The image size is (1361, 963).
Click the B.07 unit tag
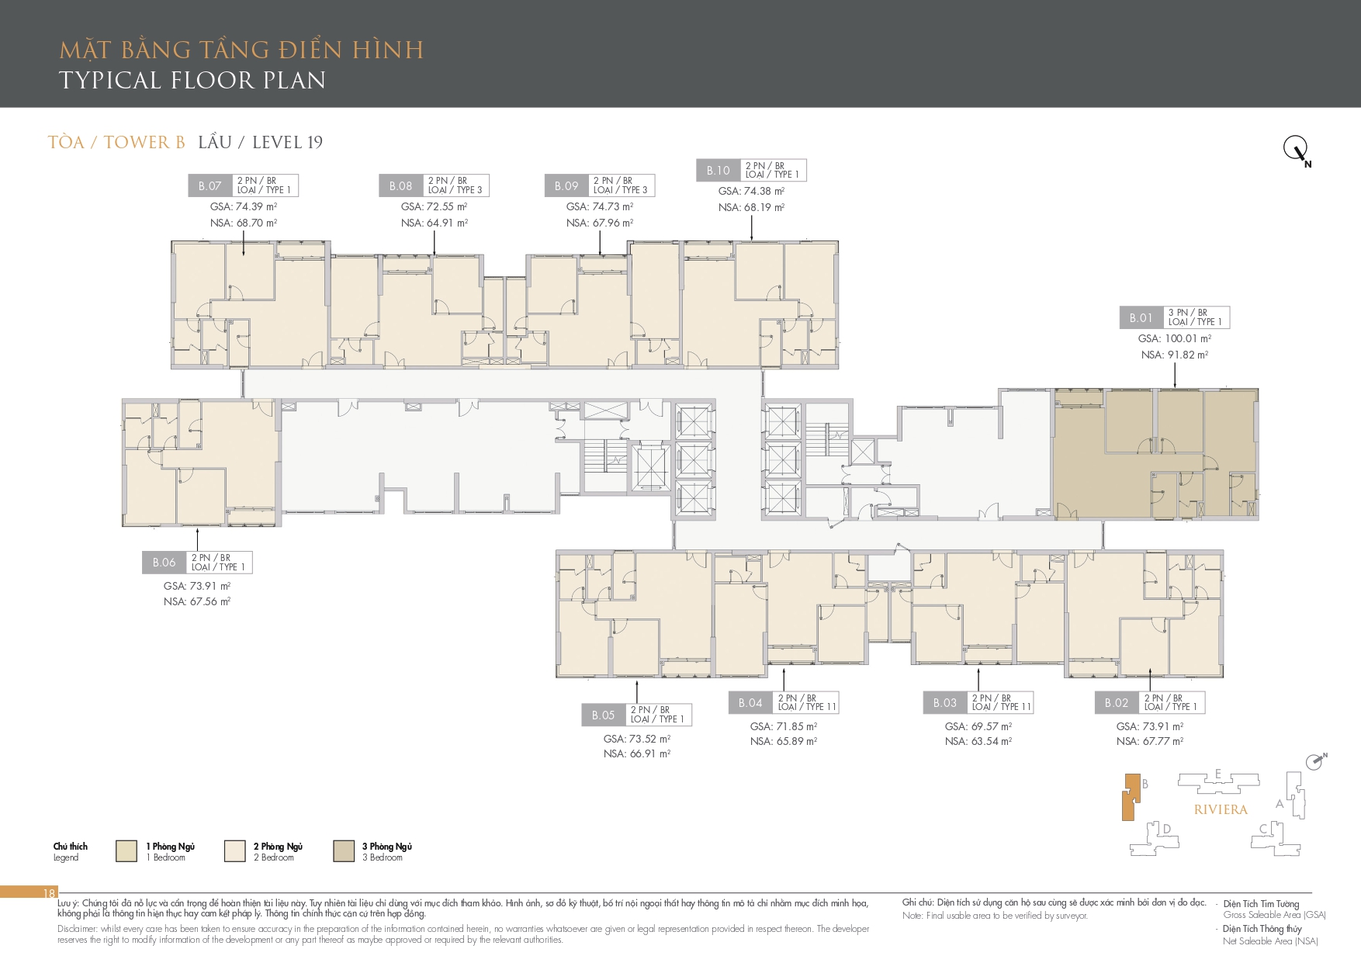[x=210, y=185]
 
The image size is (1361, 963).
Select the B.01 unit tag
[x=1141, y=317]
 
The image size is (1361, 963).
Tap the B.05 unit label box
[x=604, y=715]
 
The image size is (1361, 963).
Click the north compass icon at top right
[x=1297, y=149]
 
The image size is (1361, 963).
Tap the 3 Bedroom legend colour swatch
[x=344, y=850]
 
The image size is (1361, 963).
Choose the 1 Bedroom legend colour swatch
[x=126, y=850]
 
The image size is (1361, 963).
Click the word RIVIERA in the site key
[x=1221, y=809]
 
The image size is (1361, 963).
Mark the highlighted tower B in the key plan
[x=1131, y=797]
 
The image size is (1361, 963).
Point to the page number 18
[x=49, y=893]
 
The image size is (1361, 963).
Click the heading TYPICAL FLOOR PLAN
[x=192, y=80]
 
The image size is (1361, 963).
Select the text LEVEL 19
[x=287, y=142]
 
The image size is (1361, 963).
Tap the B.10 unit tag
[x=719, y=171]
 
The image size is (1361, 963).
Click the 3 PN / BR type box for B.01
[x=1197, y=317]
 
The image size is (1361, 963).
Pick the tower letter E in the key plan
[x=1218, y=774]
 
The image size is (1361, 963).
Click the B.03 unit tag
[x=945, y=703]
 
